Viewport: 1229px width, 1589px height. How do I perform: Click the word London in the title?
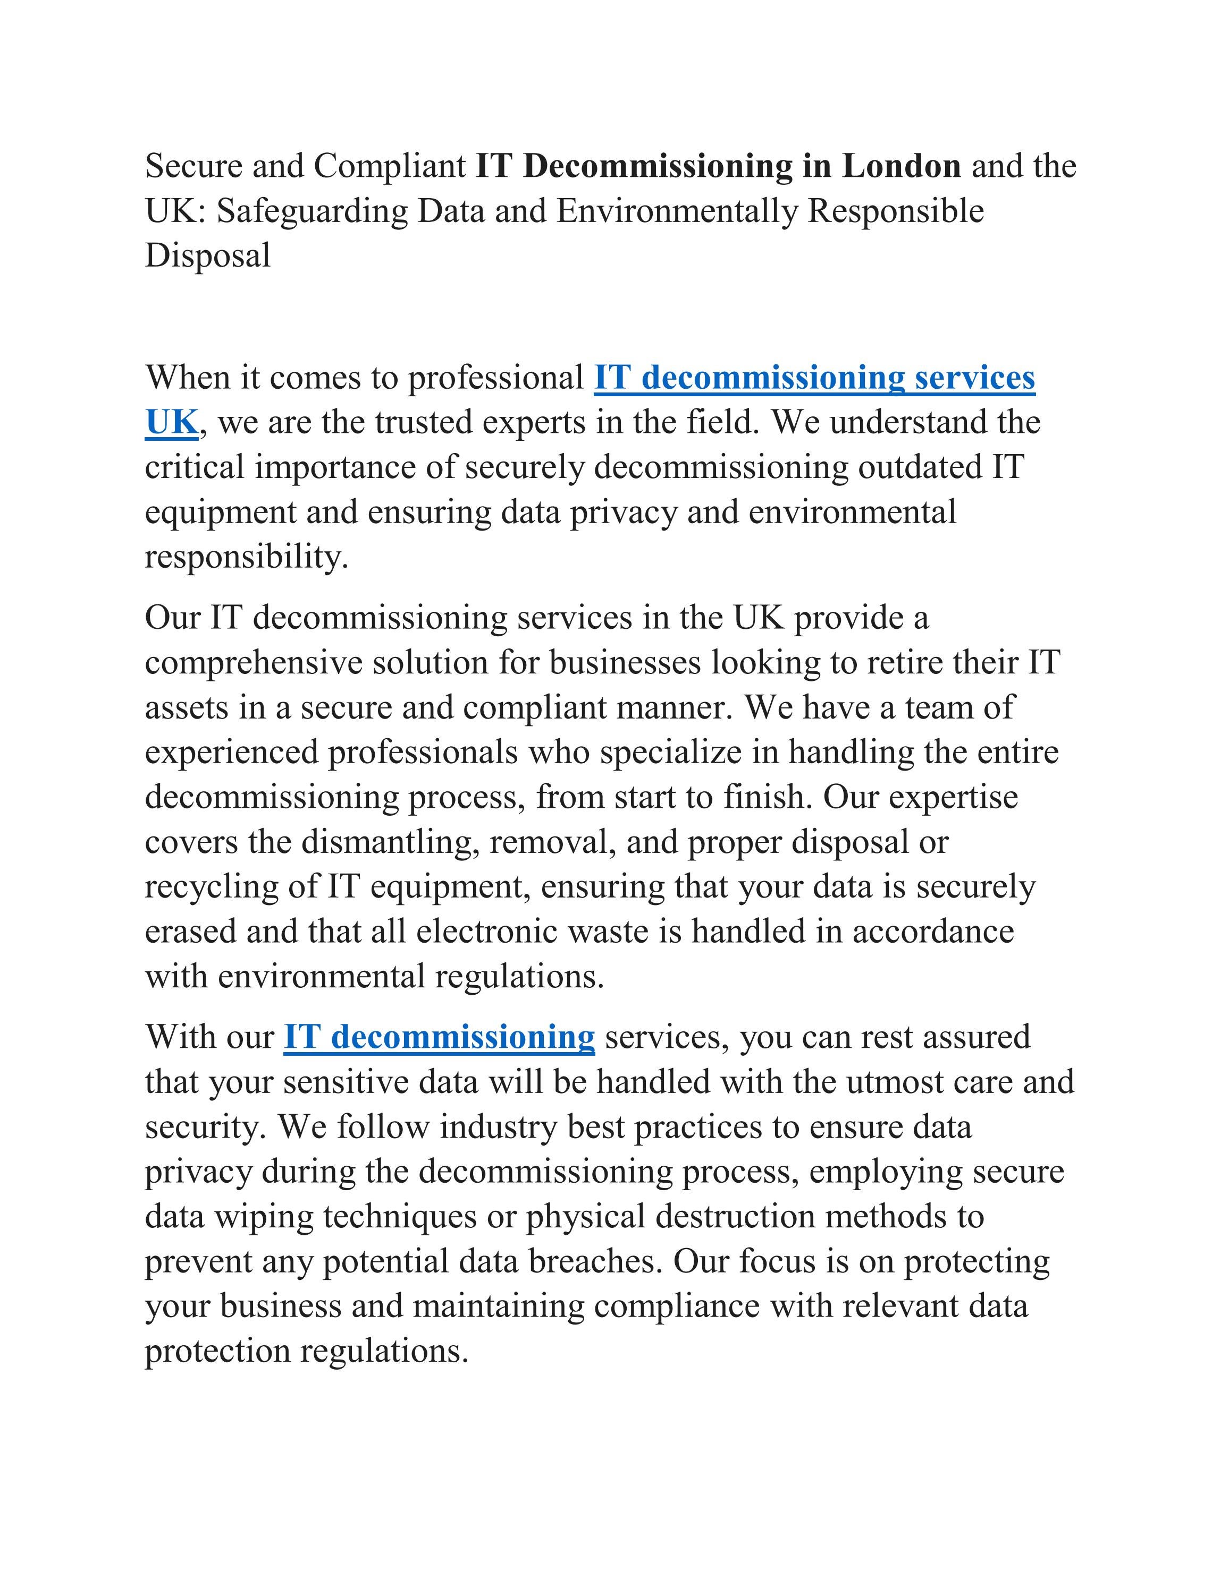point(902,167)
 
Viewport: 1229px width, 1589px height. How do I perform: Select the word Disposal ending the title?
point(207,256)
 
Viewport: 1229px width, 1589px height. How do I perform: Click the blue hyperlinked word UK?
point(172,423)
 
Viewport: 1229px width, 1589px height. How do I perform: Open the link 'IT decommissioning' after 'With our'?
point(439,1038)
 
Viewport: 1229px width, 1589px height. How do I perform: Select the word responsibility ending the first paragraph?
point(246,558)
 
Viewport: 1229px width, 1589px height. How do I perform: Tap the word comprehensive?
point(254,663)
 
